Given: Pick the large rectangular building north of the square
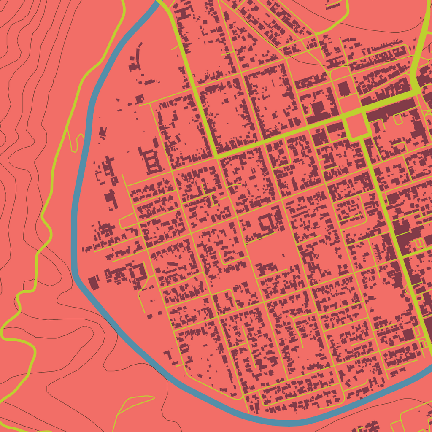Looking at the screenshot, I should click(344, 89).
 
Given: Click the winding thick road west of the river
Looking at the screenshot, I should click(46, 219).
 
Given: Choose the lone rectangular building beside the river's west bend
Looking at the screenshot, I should click(93, 283).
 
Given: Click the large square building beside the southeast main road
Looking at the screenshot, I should click(408, 335).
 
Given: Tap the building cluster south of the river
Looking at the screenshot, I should click(367, 426).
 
